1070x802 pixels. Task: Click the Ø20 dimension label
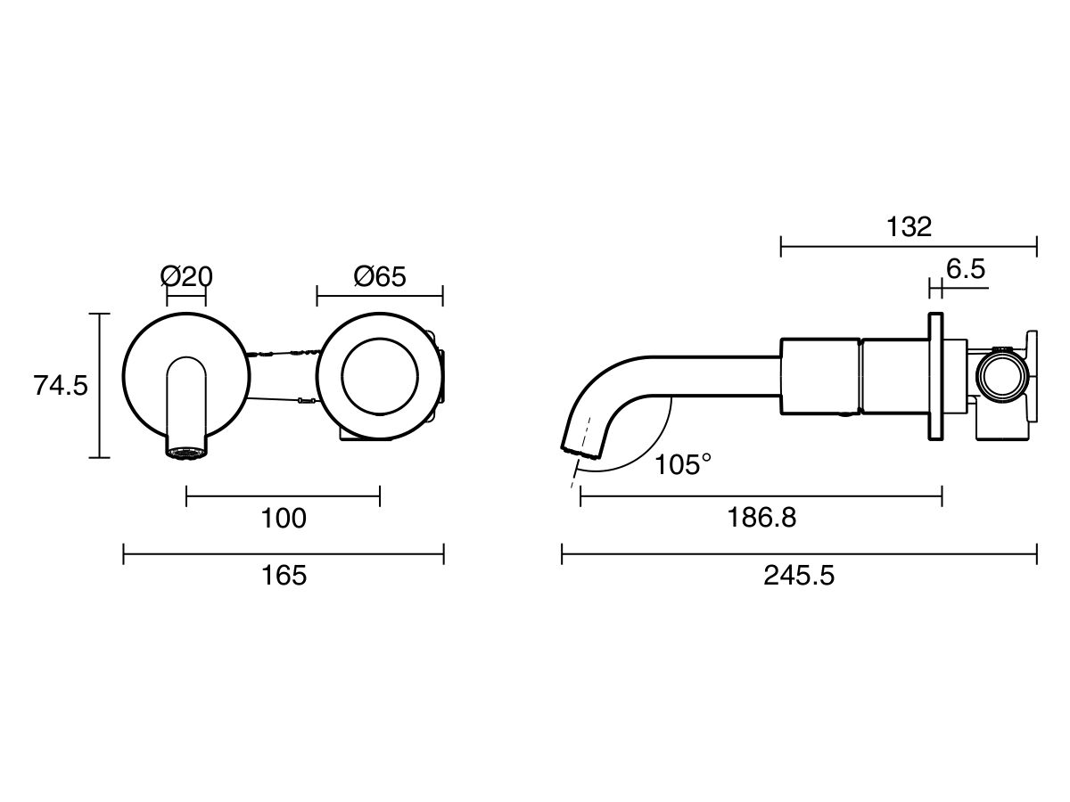187,276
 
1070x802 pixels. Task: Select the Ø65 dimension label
380,276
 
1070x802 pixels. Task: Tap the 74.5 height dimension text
61,386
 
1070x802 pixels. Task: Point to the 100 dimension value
284,518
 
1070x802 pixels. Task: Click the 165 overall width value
284,576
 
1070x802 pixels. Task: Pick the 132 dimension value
909,226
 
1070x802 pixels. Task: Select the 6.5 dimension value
966,269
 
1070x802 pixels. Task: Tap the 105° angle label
683,464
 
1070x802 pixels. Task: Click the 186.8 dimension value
761,518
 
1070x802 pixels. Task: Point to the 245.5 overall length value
799,576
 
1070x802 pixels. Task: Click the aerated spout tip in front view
186,453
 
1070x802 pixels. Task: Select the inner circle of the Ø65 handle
380,377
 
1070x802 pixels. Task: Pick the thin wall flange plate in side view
935,376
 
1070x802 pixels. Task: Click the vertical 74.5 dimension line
100,386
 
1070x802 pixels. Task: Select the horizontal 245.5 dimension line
799,555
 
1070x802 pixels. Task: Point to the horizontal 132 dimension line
909,246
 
